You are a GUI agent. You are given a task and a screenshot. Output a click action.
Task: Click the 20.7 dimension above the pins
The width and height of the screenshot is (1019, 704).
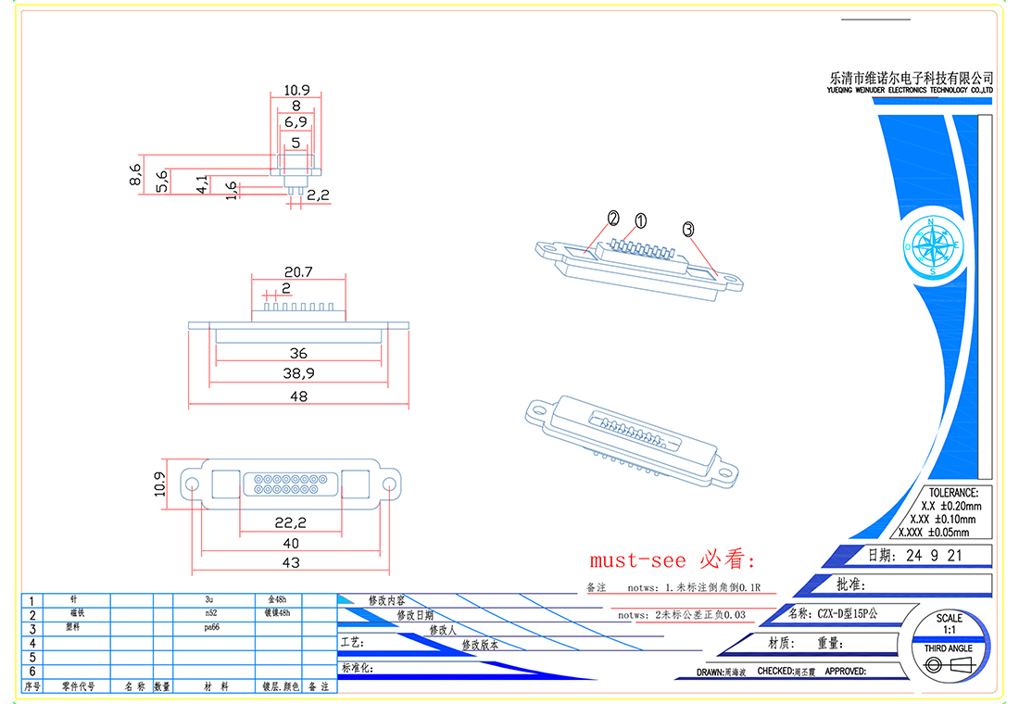(297, 272)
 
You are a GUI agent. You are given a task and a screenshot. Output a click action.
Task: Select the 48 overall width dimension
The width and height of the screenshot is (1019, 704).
(297, 396)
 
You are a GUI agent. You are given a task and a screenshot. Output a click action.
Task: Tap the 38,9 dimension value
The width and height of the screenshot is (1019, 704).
(297, 374)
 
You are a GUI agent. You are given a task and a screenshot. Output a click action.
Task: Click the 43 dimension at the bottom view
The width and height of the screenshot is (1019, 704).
(291, 562)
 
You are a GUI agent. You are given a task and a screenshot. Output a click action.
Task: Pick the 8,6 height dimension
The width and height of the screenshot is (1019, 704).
(135, 174)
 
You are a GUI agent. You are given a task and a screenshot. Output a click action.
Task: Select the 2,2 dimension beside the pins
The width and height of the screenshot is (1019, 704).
(318, 195)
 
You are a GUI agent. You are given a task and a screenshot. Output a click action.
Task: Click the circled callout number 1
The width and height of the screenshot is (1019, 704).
(640, 220)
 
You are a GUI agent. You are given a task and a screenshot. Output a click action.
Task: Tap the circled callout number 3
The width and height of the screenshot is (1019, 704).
(688, 229)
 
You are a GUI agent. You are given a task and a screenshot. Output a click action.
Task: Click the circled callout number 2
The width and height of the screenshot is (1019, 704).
(612, 219)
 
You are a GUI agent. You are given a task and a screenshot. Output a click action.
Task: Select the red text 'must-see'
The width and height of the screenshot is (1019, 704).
(638, 560)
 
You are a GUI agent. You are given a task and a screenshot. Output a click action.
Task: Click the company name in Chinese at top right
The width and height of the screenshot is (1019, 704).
(911, 78)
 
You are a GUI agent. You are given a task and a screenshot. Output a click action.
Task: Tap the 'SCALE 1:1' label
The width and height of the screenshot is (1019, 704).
(949, 623)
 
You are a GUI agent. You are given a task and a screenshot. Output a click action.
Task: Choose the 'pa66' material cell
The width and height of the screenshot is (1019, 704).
(212, 627)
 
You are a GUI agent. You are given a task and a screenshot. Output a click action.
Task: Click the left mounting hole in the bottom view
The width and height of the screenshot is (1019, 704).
(193, 484)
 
